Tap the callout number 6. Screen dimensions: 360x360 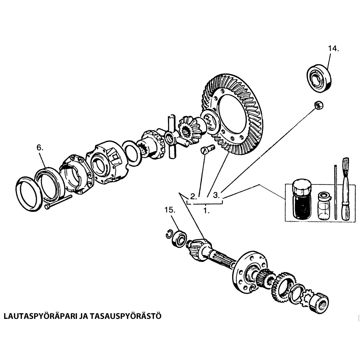(x=40, y=147)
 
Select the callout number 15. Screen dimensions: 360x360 (x=169, y=210)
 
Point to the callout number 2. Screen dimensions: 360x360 (x=193, y=197)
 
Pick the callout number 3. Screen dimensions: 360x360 (x=217, y=195)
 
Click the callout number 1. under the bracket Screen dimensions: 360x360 (x=206, y=211)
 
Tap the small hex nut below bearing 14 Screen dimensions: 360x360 (x=317, y=105)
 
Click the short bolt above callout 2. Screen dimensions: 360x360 (x=207, y=149)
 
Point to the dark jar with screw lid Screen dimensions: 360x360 (x=302, y=199)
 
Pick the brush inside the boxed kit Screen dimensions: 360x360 (x=346, y=189)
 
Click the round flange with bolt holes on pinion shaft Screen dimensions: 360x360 (x=249, y=268)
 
